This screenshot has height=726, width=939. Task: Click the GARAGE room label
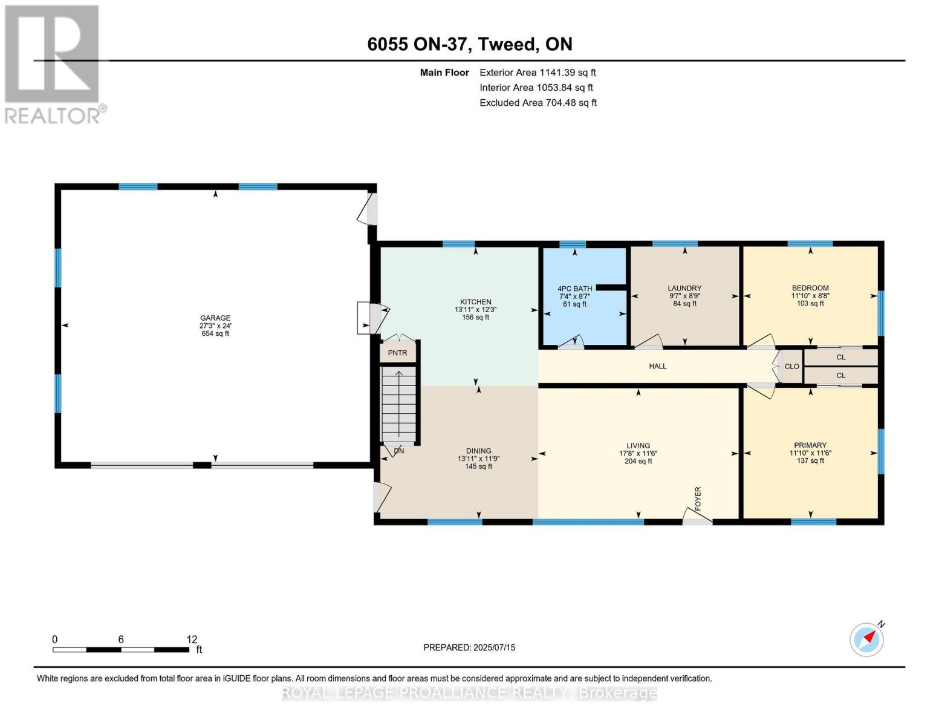[x=215, y=318]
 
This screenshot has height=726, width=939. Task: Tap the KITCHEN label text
[x=475, y=302]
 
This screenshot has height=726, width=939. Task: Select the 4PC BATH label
[x=575, y=289]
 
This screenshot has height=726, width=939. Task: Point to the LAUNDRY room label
[x=684, y=289]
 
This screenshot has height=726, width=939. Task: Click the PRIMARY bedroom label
[x=810, y=445]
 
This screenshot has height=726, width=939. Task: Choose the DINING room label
[x=478, y=451]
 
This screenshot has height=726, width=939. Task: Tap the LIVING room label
[x=638, y=446]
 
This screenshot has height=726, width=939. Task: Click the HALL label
[x=658, y=366]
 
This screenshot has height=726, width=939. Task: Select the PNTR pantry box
[x=398, y=352]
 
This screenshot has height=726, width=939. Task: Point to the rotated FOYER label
[x=698, y=499]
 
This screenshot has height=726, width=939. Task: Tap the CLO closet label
[x=792, y=367]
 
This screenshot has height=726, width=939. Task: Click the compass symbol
[x=866, y=640]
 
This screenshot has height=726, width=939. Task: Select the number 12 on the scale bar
[x=192, y=639]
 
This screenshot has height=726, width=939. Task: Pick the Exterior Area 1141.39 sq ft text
[x=538, y=73]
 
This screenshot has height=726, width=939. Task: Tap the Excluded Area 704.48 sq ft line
[x=538, y=103]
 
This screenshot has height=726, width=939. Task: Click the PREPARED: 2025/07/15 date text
[x=469, y=648]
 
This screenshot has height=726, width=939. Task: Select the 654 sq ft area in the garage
[x=215, y=334]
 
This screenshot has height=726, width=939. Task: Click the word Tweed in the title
[x=508, y=44]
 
